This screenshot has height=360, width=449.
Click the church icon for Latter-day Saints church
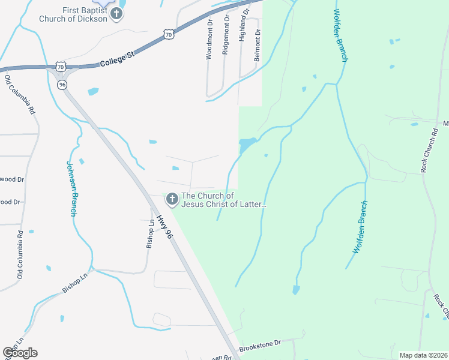click(172, 199)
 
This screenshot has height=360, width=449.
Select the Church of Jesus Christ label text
click(224, 200)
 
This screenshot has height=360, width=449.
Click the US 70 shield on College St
click(169, 35)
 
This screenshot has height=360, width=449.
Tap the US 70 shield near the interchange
click(59, 65)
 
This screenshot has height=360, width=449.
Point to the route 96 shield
click(62, 85)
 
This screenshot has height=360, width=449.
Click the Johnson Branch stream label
click(72, 188)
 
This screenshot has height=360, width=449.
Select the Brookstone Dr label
click(260, 345)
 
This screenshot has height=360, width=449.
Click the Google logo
click(20, 353)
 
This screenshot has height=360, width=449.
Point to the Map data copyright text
click(423, 355)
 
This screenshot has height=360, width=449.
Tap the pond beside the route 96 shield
click(93, 92)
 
